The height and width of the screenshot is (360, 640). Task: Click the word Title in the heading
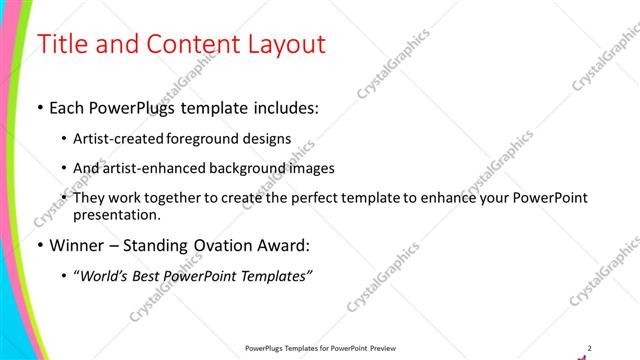click(62, 44)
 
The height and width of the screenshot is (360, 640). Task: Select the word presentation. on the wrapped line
click(116, 214)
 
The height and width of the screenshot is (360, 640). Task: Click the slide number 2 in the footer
click(590, 347)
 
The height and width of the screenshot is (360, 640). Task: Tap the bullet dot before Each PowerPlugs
click(39, 107)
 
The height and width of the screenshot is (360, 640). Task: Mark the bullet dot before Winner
click(39, 245)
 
